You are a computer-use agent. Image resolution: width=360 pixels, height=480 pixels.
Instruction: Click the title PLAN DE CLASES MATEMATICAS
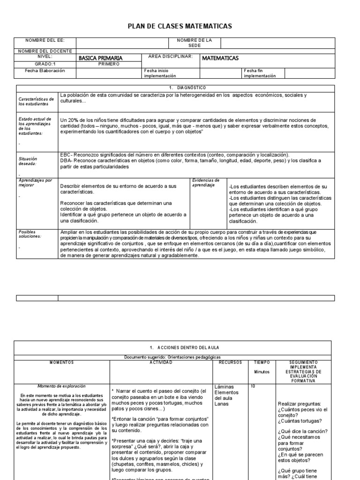180,27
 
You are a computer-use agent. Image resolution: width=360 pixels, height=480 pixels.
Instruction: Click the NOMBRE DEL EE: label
45,41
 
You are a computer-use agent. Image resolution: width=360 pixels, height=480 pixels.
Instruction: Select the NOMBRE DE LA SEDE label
195,43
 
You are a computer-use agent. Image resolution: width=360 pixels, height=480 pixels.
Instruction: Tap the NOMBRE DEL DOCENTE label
45,51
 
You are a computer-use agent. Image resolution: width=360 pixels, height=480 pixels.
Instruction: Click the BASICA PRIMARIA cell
99,58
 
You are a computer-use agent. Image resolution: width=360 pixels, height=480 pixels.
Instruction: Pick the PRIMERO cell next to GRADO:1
109,64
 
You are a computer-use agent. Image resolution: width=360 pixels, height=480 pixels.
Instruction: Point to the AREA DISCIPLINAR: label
170,56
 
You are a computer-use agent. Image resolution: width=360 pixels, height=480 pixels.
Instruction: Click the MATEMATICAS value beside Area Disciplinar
220,58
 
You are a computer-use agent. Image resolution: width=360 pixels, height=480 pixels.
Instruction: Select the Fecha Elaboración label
45,71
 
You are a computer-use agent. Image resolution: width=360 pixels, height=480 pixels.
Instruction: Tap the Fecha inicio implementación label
160,73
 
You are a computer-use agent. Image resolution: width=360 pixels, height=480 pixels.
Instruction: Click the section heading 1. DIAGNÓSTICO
180,88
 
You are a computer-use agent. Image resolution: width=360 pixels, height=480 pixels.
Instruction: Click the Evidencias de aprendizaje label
206,183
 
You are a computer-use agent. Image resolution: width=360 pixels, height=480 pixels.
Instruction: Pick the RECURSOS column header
230,362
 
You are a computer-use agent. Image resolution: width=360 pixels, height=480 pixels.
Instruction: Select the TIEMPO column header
262,362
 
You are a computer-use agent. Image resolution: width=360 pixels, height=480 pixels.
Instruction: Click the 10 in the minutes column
253,386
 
